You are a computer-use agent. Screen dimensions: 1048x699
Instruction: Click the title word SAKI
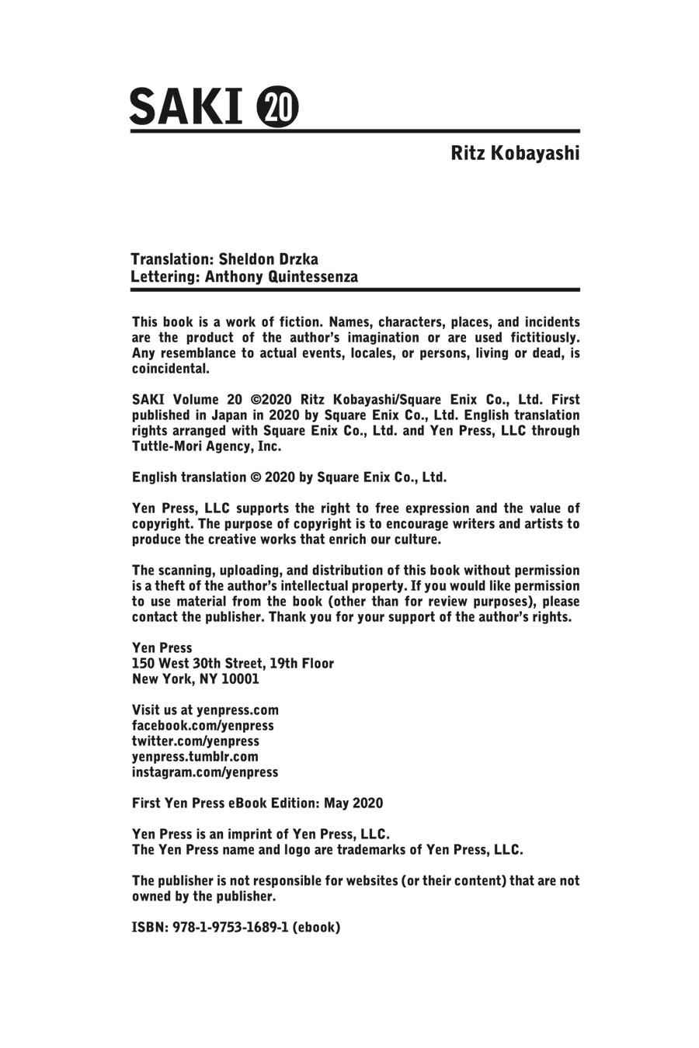[186, 106]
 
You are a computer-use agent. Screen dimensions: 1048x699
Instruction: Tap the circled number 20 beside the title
[277, 107]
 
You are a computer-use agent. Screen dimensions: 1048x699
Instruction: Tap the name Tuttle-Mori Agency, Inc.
[207, 446]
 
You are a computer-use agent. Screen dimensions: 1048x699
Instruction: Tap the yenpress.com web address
[238, 710]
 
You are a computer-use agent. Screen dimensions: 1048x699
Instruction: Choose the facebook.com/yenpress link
[203, 726]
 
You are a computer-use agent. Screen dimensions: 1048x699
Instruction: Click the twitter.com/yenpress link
[195, 741]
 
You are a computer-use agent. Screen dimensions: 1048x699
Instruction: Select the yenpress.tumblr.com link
[195, 757]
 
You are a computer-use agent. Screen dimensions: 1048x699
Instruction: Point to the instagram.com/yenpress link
[205, 772]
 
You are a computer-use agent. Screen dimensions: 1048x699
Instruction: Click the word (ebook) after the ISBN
[316, 927]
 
